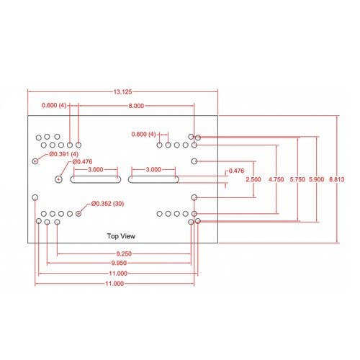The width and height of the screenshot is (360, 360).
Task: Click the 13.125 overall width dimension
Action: point(122,91)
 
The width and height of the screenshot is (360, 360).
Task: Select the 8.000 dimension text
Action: point(136,106)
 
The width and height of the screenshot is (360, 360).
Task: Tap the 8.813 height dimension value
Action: point(336,179)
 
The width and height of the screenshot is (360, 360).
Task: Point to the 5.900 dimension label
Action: point(316,179)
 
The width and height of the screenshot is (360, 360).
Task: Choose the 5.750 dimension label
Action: point(297,179)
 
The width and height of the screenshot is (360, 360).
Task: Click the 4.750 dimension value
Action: point(276,179)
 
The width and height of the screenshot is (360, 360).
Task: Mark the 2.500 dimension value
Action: point(253,179)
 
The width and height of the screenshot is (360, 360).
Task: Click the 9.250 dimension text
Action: point(124,253)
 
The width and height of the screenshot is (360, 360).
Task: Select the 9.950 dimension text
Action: point(119,263)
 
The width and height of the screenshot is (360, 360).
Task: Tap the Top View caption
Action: point(121,236)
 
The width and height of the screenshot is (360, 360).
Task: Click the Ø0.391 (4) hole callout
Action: point(64,154)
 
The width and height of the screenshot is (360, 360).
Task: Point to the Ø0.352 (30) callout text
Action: point(107,204)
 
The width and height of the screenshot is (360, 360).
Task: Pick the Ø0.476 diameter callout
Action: point(82,161)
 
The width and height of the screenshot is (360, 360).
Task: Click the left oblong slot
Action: point(96,179)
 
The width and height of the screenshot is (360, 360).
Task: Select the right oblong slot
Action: point(153,179)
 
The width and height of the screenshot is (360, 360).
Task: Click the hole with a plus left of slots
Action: point(58,179)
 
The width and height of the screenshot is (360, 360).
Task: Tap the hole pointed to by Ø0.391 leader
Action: point(35,161)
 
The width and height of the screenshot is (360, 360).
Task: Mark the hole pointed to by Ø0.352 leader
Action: point(78,214)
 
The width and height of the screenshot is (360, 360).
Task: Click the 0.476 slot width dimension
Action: point(236,171)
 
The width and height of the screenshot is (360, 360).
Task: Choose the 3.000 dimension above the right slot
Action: point(153,169)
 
